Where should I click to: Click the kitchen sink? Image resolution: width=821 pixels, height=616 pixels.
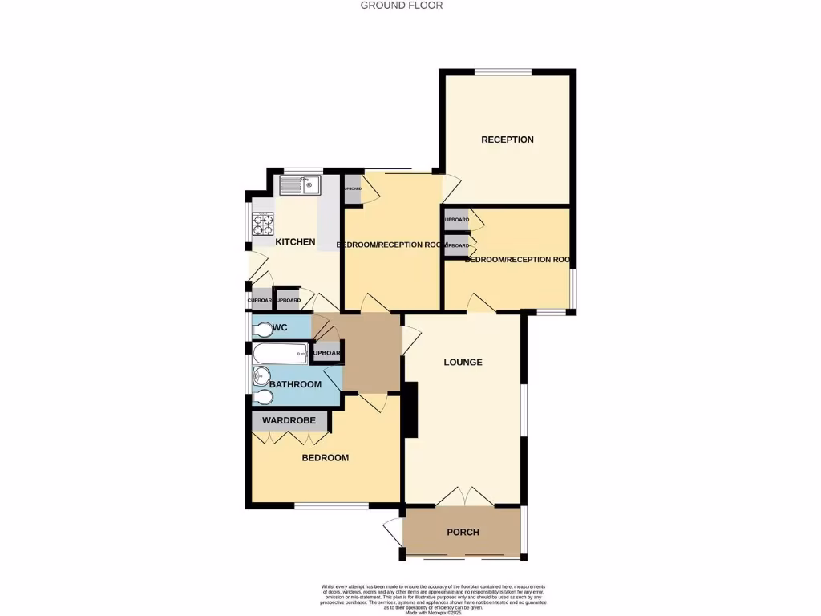click(x=299, y=185)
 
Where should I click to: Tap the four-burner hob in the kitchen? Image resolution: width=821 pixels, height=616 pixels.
click(x=263, y=223)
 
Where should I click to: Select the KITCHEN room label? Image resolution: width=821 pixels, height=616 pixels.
click(x=295, y=242)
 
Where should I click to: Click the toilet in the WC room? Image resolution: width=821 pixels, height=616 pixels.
click(x=263, y=328)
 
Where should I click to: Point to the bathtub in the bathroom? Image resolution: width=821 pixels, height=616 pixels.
click(x=280, y=353)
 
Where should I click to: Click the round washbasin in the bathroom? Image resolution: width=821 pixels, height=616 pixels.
click(x=261, y=375)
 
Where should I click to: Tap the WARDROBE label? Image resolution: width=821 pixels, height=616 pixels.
click(x=289, y=420)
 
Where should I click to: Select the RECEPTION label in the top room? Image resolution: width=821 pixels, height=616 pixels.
click(x=507, y=140)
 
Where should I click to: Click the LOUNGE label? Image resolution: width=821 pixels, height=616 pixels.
click(x=463, y=362)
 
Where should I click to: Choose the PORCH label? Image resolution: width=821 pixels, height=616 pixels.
click(x=463, y=532)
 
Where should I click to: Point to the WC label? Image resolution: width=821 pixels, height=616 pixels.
click(x=280, y=327)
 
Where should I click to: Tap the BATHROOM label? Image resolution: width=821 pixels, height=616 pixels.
click(x=295, y=384)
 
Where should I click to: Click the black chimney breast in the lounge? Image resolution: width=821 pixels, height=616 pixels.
click(x=411, y=409)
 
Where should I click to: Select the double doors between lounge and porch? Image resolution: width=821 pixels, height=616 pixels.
click(x=464, y=497)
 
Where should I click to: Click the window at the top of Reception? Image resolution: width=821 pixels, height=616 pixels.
click(x=502, y=73)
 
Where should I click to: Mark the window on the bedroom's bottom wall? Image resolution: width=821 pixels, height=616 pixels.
click(x=331, y=505)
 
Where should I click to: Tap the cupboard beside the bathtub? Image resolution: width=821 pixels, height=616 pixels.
click(x=326, y=353)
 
